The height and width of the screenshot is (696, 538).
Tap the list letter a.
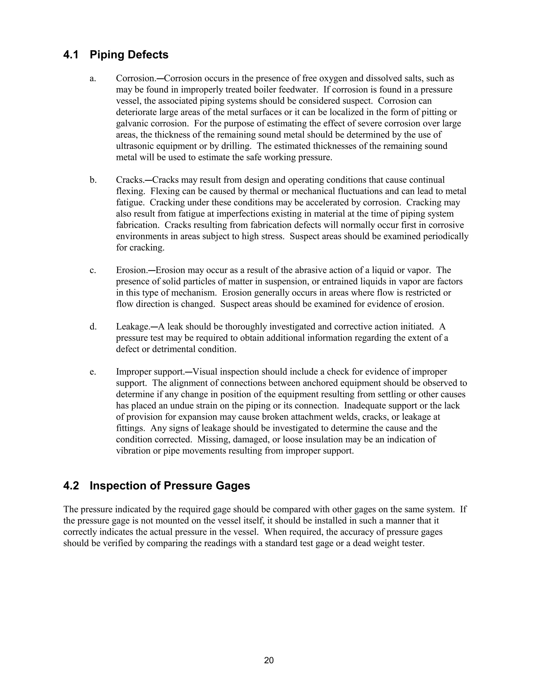pos(93,78)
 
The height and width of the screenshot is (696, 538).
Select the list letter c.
pos(92,270)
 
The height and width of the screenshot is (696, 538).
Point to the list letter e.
pos(92,372)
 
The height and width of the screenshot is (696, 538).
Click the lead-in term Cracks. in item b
pos(130,180)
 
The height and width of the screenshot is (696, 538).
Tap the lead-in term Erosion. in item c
pos(131,270)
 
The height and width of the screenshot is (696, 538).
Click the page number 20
pos(269,660)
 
